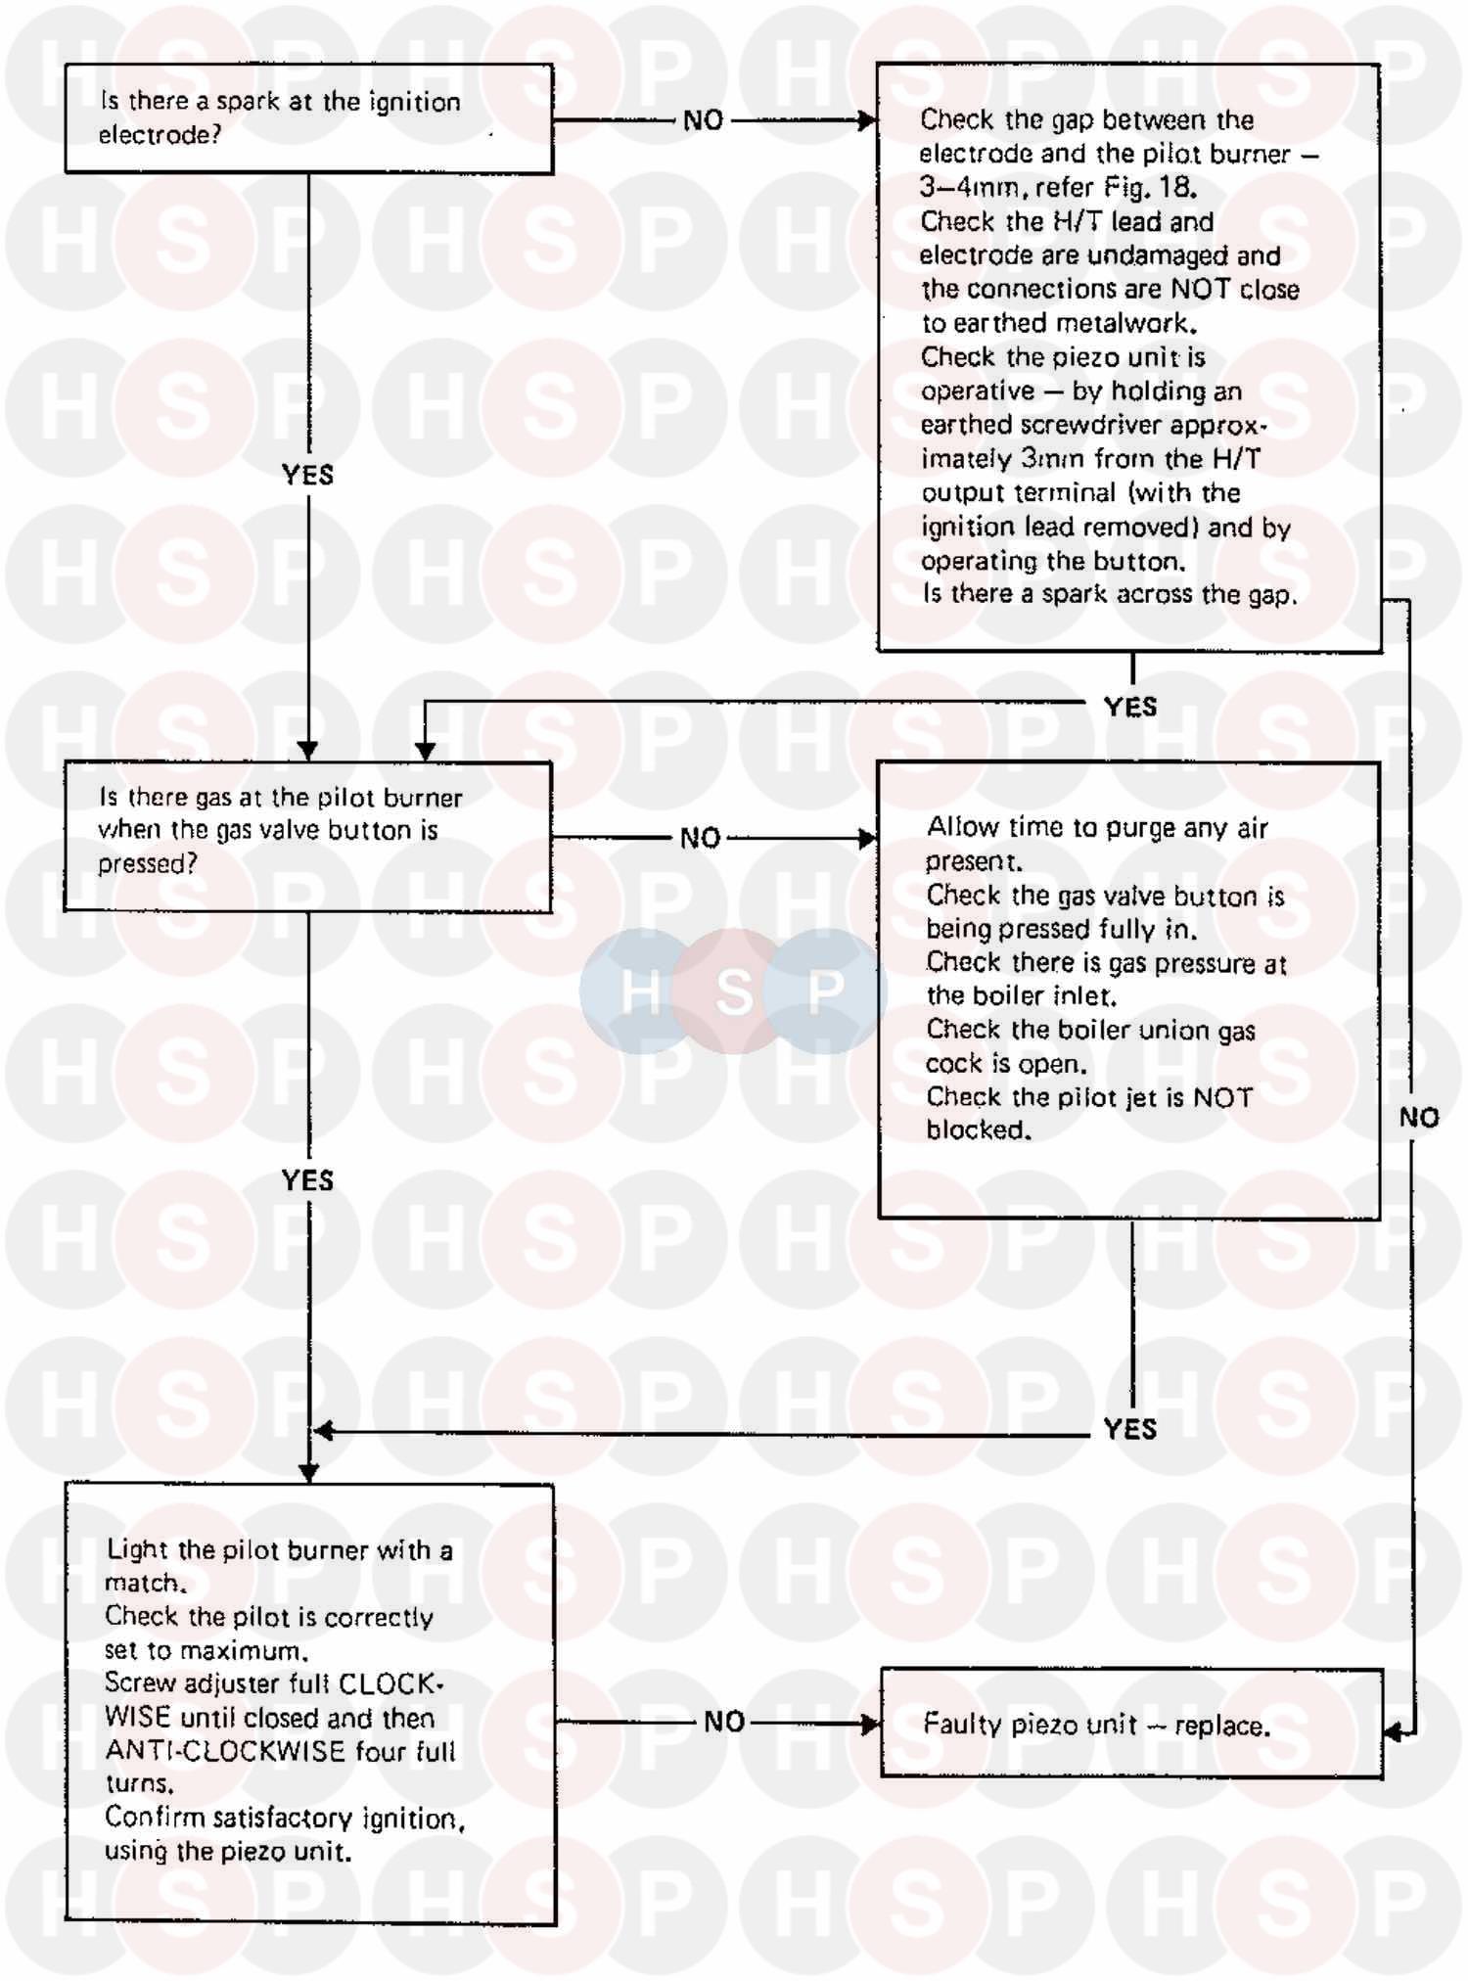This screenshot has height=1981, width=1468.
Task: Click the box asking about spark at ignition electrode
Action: tap(308, 118)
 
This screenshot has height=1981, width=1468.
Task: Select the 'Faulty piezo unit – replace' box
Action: tap(1131, 1723)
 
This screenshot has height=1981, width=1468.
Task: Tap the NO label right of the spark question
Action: tap(703, 120)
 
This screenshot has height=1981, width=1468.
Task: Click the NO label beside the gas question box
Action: tap(701, 838)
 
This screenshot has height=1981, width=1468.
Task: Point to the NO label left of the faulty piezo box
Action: tap(724, 1722)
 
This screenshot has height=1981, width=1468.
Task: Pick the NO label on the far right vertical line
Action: tap(1418, 1117)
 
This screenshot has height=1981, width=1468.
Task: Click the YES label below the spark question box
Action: tap(307, 475)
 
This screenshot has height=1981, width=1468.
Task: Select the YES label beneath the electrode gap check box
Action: tap(1130, 707)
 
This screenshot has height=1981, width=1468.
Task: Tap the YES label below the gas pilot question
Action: tap(307, 1180)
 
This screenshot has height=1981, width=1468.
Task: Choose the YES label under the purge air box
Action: tap(1130, 1429)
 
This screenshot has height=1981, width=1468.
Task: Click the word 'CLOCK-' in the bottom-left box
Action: tap(391, 1683)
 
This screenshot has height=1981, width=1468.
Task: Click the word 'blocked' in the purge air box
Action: tap(978, 1130)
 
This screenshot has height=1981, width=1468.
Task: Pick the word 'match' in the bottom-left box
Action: tap(144, 1583)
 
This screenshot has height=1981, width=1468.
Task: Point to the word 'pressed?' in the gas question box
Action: tap(147, 864)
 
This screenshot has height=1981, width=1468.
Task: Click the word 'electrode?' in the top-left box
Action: tap(160, 135)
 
